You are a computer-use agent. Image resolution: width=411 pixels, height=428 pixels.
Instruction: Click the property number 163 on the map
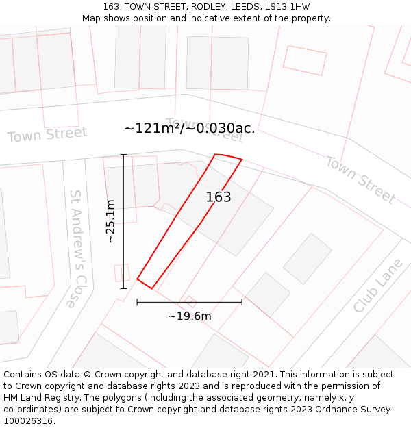(x=219, y=197)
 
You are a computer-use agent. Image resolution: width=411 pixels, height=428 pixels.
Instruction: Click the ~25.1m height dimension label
(x=111, y=221)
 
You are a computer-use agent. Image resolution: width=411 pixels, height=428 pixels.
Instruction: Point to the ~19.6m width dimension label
(x=189, y=316)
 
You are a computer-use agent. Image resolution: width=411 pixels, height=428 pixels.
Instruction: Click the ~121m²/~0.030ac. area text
(x=189, y=128)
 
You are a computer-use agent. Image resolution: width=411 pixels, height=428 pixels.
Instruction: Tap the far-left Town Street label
(x=47, y=134)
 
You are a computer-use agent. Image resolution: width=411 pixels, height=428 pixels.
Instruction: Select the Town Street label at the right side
(x=360, y=179)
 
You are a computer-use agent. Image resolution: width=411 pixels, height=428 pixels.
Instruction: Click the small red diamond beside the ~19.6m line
(x=191, y=301)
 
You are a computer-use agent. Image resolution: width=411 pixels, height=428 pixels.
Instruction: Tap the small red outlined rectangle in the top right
(x=306, y=60)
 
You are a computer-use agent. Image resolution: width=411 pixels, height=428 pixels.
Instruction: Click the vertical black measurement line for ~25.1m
(x=123, y=221)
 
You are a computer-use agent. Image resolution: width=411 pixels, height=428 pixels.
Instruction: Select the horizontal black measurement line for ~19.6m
(x=189, y=302)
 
